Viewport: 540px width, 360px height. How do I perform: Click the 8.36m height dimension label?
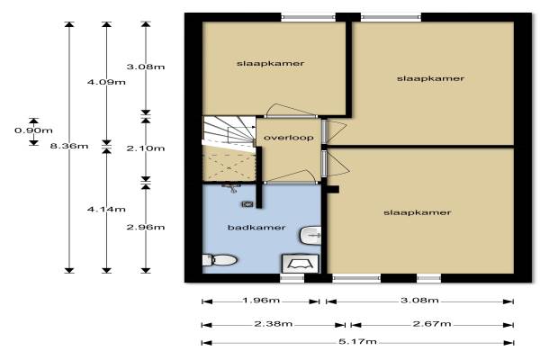tap(69, 146)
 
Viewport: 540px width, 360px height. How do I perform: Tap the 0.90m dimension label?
tap(33, 130)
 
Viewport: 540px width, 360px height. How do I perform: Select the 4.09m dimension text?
tap(106, 82)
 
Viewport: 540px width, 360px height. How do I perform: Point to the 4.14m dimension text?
tap(106, 209)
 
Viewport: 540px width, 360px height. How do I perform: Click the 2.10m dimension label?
tap(146, 148)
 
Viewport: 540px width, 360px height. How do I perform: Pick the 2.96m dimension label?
tap(146, 227)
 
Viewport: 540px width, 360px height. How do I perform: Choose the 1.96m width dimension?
tap(261, 300)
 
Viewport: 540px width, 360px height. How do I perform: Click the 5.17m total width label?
tap(357, 341)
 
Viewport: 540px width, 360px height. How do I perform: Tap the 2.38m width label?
tap(274, 323)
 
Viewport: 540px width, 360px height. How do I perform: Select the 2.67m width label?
tap(432, 323)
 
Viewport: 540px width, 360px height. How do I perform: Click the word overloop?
tap(289, 138)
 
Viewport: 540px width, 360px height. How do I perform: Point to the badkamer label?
tap(256, 228)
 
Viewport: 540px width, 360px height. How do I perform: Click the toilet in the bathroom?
tap(220, 260)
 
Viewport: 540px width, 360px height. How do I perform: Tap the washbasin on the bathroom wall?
tap(311, 236)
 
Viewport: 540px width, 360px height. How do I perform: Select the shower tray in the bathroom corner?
tap(301, 264)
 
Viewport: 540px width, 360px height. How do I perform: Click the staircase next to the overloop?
tap(229, 132)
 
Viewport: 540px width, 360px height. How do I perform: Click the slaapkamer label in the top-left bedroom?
tap(270, 63)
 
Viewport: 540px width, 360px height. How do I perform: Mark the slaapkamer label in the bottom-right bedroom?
tap(418, 212)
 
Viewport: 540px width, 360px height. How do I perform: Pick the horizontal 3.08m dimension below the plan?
tap(419, 300)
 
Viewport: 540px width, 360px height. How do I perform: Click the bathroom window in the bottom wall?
tap(292, 278)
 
